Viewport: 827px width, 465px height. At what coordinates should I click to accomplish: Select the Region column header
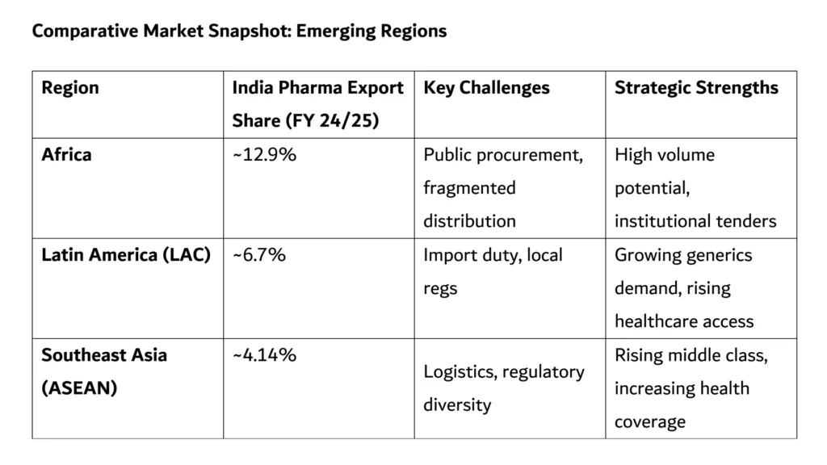70,88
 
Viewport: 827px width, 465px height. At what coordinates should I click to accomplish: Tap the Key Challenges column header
486,88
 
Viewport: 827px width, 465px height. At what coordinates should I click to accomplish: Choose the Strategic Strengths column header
696,88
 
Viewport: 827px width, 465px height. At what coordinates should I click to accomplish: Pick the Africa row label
66,154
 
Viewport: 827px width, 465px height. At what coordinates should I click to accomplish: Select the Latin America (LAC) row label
126,255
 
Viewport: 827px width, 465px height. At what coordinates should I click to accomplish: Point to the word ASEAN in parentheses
79,388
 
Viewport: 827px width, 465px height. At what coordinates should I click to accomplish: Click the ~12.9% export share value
264,154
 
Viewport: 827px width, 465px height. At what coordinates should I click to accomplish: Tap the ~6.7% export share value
259,255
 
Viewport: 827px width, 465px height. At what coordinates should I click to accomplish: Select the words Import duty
472,255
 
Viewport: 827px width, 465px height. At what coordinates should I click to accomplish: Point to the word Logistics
458,372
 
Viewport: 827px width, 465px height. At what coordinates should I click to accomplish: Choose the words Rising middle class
691,355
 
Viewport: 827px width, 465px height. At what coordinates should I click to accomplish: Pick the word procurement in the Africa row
530,154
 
